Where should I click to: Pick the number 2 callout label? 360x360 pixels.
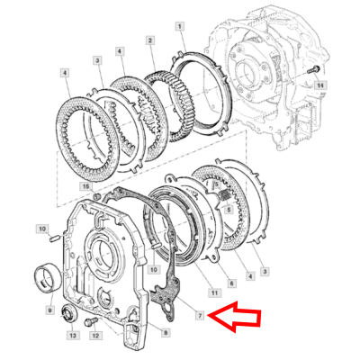(x=150, y=41)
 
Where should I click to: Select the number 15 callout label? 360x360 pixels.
(x=86, y=186)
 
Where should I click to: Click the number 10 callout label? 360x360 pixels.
(x=41, y=230)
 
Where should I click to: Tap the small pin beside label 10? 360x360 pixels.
(x=55, y=238)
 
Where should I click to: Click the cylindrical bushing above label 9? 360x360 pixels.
(x=44, y=274)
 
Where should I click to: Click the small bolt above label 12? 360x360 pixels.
(x=87, y=321)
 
